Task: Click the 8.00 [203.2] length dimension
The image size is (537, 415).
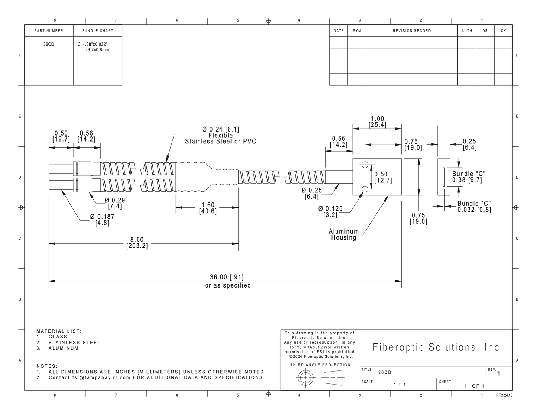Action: point(137,243)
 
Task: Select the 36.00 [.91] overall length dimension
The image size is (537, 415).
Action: point(227,277)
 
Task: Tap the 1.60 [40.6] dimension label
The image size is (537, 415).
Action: point(208,208)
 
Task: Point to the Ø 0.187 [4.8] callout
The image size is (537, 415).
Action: point(102,220)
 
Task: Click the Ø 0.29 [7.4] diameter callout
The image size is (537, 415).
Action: point(115,203)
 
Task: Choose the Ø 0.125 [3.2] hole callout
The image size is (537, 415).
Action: point(330,212)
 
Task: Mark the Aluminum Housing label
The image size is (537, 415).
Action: point(343,234)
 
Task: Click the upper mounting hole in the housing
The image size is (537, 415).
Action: point(365,165)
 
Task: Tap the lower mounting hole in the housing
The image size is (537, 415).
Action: point(365,189)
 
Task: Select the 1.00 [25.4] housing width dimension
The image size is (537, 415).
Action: point(377,122)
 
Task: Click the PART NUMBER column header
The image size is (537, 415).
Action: point(49,31)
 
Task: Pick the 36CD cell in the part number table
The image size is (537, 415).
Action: point(49,45)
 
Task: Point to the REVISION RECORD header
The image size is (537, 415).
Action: point(412,31)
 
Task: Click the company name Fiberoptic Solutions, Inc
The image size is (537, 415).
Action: point(436,347)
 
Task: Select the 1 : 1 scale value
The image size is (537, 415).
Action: point(399,385)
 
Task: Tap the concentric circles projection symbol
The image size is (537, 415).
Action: point(305,378)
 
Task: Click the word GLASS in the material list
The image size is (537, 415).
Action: point(58,337)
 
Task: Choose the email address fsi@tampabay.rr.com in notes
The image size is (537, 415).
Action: point(101,377)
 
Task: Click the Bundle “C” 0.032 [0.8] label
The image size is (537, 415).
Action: point(474,207)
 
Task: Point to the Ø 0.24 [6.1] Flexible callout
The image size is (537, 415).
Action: point(221,135)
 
